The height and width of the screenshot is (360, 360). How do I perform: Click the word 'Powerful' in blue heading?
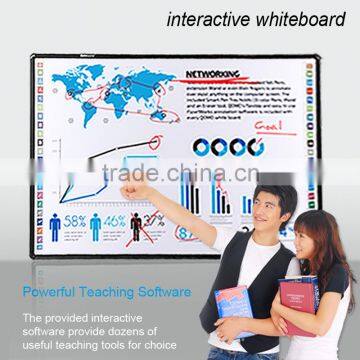[63, 292]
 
